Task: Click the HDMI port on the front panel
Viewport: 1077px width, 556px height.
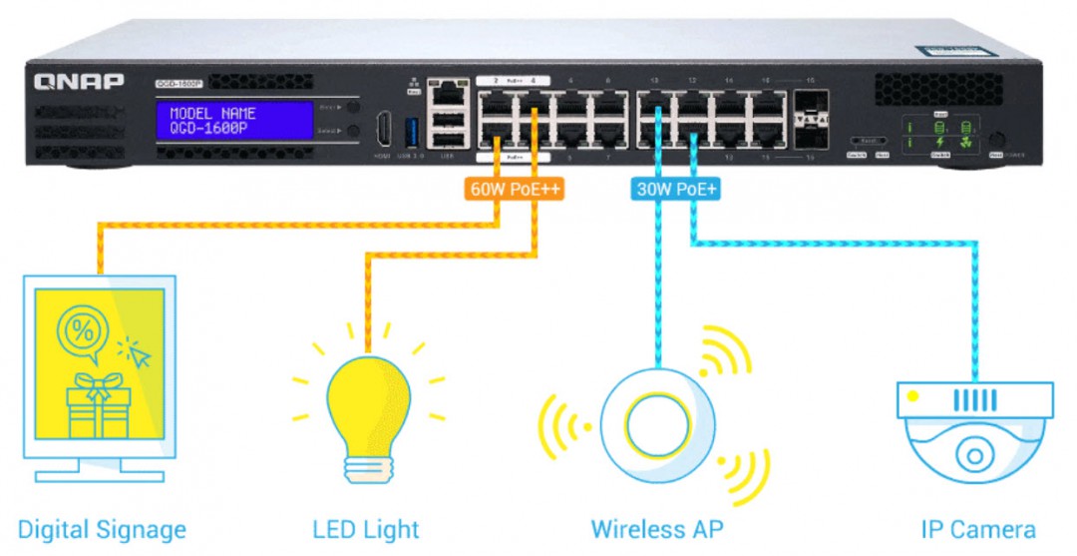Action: coord(383,131)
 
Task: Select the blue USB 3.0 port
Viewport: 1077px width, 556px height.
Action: coord(407,131)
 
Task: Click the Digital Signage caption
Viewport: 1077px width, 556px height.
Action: coord(102,529)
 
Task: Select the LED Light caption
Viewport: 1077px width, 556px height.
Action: coord(366,529)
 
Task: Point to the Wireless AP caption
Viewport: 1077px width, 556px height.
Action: coord(656,529)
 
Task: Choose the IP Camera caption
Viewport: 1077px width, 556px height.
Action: coord(977,529)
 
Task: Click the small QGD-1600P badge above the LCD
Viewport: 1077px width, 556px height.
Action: coord(179,84)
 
